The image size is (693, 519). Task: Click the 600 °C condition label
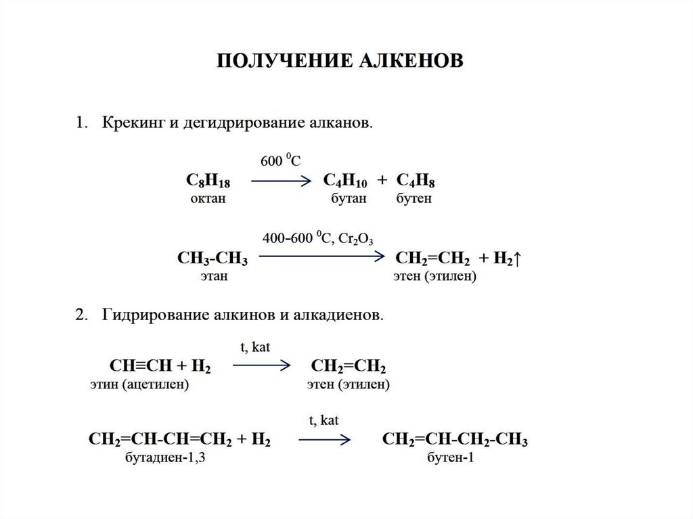coord(280,161)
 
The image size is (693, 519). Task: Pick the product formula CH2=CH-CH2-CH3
coord(455,441)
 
